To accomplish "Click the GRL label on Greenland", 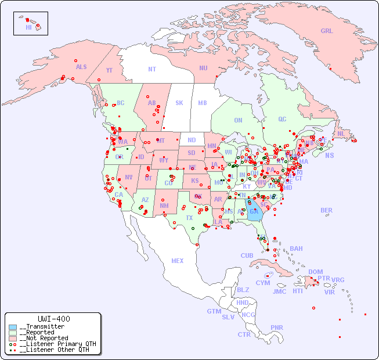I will tap(327, 31).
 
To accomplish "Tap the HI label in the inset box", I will tap(28, 27).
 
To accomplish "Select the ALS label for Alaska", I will tap(81, 67).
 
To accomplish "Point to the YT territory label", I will tap(109, 70).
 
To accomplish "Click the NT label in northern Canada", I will tap(152, 69).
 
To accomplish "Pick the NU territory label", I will tap(203, 68).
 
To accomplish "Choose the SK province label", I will tap(179, 103).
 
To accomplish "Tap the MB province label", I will tap(202, 103).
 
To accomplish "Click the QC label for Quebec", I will tap(282, 119).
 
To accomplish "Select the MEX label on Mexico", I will tap(178, 261).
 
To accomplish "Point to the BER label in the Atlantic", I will tap(327, 210).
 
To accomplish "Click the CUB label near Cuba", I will tap(247, 255).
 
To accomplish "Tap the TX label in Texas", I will tap(189, 218).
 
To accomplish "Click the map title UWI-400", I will tap(53, 319).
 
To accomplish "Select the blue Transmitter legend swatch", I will tap(13, 327).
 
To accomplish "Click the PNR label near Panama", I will tap(277, 327).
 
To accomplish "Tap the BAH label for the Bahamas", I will tap(296, 249).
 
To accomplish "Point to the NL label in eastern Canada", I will tap(341, 134).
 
